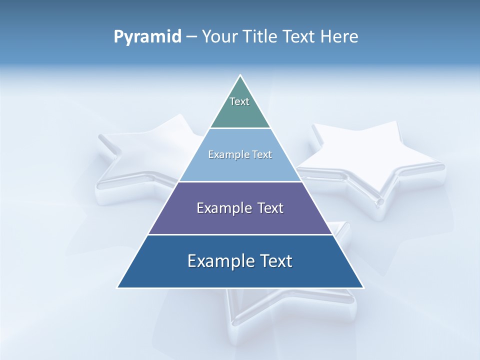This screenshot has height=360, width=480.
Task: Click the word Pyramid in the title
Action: [147, 37]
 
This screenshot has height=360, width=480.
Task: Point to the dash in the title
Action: [191, 37]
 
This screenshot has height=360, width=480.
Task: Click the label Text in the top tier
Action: [239, 101]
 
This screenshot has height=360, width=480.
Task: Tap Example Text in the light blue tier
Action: [240, 154]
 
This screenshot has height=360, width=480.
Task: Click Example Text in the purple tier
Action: [240, 208]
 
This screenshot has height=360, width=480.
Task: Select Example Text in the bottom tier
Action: [240, 261]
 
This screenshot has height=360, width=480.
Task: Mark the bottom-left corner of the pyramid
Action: [118, 287]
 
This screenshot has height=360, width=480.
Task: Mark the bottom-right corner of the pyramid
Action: [363, 287]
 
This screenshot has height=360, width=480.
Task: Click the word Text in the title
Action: [299, 37]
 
